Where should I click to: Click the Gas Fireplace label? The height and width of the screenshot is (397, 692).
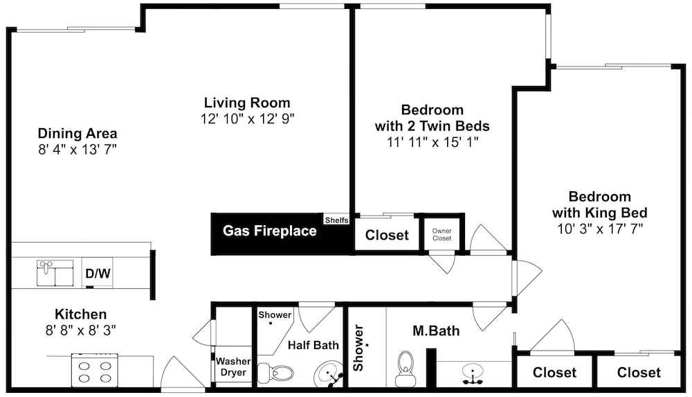point(270,231)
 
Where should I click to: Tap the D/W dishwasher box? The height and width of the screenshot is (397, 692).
point(98,273)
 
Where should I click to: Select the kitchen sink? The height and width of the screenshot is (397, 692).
point(55,273)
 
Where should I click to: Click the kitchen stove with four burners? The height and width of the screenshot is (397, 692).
point(94,370)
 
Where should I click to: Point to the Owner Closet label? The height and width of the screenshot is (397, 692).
point(441,234)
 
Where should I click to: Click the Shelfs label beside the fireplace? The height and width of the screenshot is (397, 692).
point(337,220)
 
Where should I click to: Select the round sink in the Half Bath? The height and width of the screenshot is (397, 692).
point(329,374)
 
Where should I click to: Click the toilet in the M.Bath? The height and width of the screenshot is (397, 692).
point(404,369)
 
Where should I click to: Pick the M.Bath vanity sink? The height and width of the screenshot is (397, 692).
point(472,374)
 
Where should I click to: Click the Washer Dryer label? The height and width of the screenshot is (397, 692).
point(233,367)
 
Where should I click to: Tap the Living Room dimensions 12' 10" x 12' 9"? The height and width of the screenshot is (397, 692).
point(248,119)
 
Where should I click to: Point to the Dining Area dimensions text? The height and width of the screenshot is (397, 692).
point(78,150)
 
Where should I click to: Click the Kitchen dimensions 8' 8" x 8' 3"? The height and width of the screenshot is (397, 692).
point(81,330)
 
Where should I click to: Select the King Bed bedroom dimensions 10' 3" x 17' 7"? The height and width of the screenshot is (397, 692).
point(600,229)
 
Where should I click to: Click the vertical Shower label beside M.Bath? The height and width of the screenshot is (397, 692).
point(358,348)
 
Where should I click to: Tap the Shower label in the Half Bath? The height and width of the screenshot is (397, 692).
point(275,315)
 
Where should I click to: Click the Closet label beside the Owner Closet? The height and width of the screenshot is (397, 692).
point(387,235)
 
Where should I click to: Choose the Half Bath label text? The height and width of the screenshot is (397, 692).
point(313,345)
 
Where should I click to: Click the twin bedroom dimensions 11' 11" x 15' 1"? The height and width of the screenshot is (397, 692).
point(432,142)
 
